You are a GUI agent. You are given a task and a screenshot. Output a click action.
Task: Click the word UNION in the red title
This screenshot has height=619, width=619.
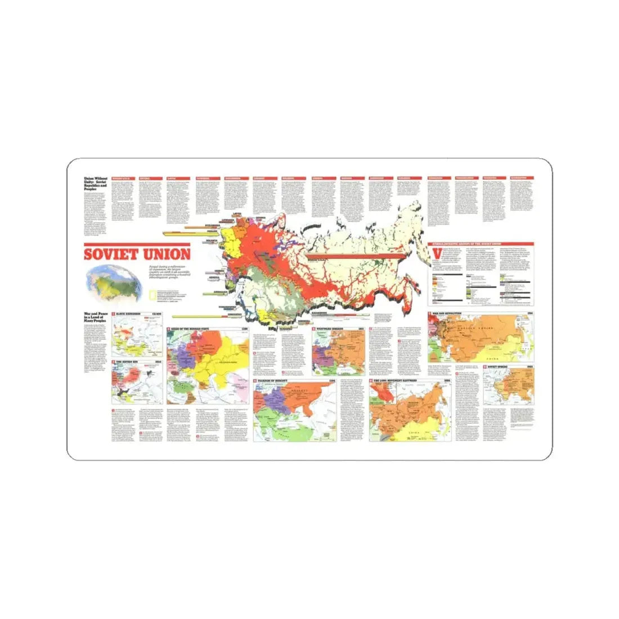pyautogui.click(x=164, y=254)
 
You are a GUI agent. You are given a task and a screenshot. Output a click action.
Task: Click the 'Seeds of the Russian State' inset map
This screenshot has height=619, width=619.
pyautogui.click(x=208, y=366)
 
